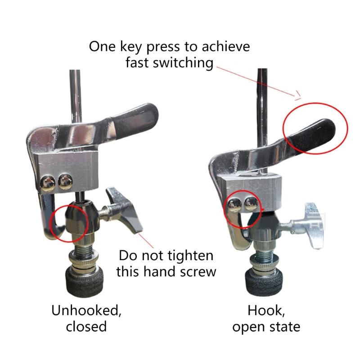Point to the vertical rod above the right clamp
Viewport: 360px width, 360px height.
(x=263, y=94)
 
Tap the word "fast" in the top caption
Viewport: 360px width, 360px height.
(x=138, y=63)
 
